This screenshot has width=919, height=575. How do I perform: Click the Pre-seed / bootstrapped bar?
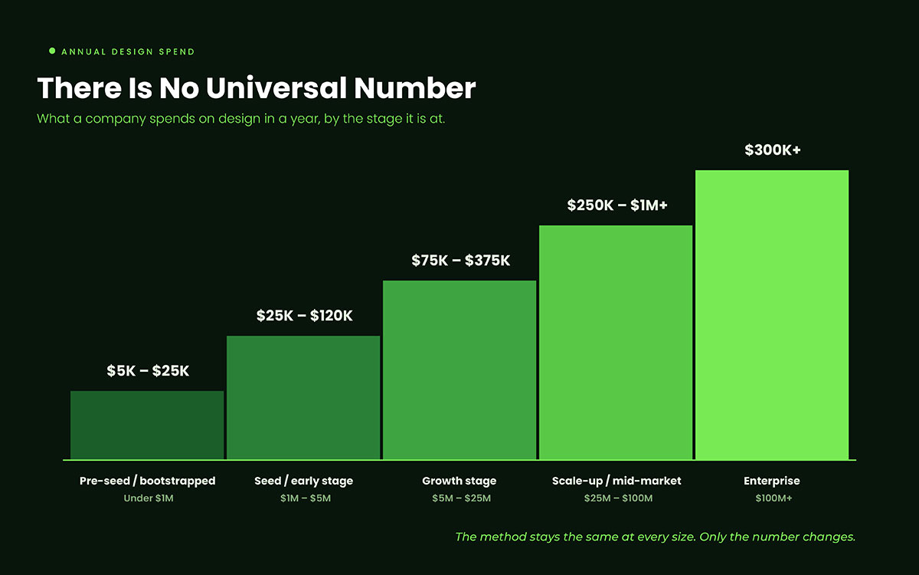pos(147,425)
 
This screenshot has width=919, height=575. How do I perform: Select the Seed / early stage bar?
pos(303,398)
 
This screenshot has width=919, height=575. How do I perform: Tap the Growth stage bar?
pos(459,370)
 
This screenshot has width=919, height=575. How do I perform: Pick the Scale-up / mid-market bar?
pos(616,343)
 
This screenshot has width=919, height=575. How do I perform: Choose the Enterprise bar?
pos(772,315)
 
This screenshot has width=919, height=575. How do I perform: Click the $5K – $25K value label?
pos(148,371)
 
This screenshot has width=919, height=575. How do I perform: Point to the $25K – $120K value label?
pos(304,316)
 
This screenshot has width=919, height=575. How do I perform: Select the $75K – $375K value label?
pos(460,261)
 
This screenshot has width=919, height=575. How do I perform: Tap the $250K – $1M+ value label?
pos(617,205)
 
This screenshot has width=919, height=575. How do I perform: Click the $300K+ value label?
pos(773,150)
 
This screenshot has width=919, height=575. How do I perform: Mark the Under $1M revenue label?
pos(149,498)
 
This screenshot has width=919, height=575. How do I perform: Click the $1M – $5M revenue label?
pos(306,498)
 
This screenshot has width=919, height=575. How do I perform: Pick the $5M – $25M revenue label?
pos(461,498)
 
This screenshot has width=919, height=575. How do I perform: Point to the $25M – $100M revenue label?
pos(618,498)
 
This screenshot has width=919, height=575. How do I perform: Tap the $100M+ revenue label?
pos(773,498)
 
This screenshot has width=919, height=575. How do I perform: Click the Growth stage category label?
pos(459,481)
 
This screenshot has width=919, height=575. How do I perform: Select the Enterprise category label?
pos(772,481)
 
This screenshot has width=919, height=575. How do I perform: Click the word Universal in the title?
pos(276,88)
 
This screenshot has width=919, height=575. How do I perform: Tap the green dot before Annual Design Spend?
pos(52,51)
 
